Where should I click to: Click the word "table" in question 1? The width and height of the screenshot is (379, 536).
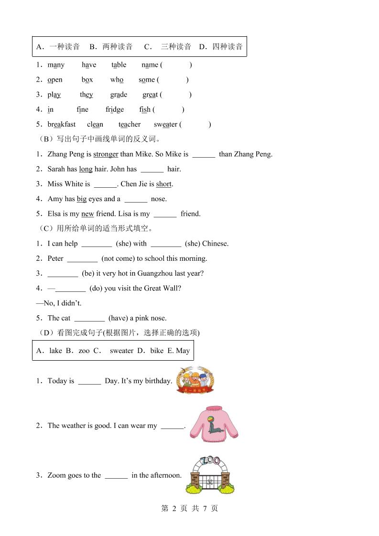[x=119, y=65]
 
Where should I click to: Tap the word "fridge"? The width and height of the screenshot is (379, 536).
[x=115, y=110]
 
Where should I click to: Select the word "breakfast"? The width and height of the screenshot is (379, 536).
[x=62, y=125]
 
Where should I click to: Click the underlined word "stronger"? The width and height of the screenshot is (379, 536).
[x=106, y=154]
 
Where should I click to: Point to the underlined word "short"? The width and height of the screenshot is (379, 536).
[x=164, y=184]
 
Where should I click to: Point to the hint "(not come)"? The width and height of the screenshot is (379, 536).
[x=118, y=258]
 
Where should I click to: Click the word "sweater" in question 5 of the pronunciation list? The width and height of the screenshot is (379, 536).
[x=165, y=125]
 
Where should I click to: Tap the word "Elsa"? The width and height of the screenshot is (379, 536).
[x=55, y=214]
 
